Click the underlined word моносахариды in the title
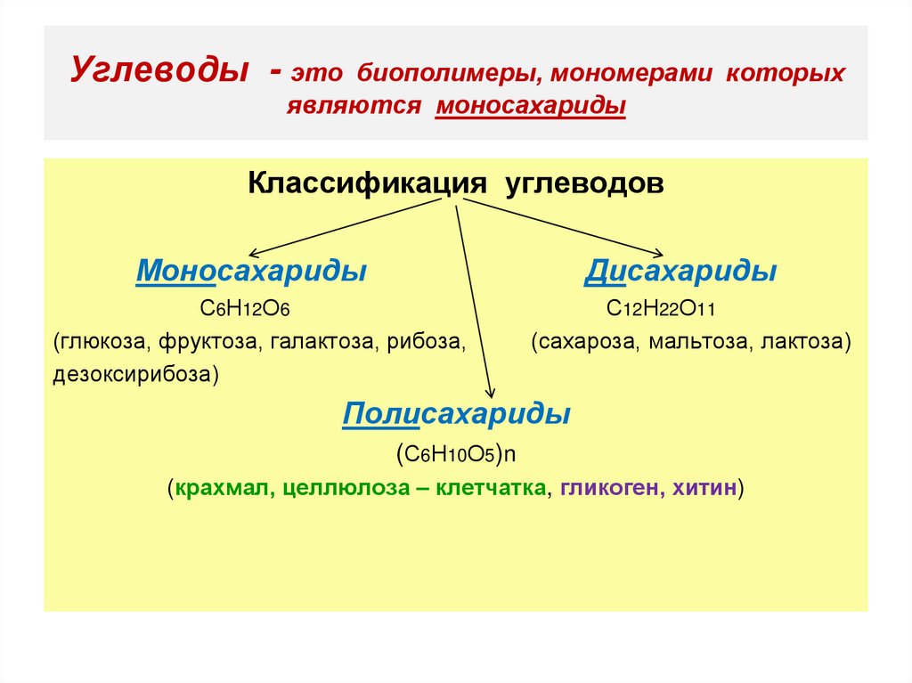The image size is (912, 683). (x=531, y=105)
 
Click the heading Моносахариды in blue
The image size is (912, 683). (x=251, y=272)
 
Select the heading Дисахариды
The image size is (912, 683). (x=680, y=272)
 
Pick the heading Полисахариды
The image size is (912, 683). (x=456, y=414)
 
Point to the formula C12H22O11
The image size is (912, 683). (x=663, y=309)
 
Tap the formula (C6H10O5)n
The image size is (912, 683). (x=456, y=452)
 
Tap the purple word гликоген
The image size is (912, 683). (x=607, y=488)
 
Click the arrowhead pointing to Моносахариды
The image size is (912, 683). (x=254, y=255)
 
